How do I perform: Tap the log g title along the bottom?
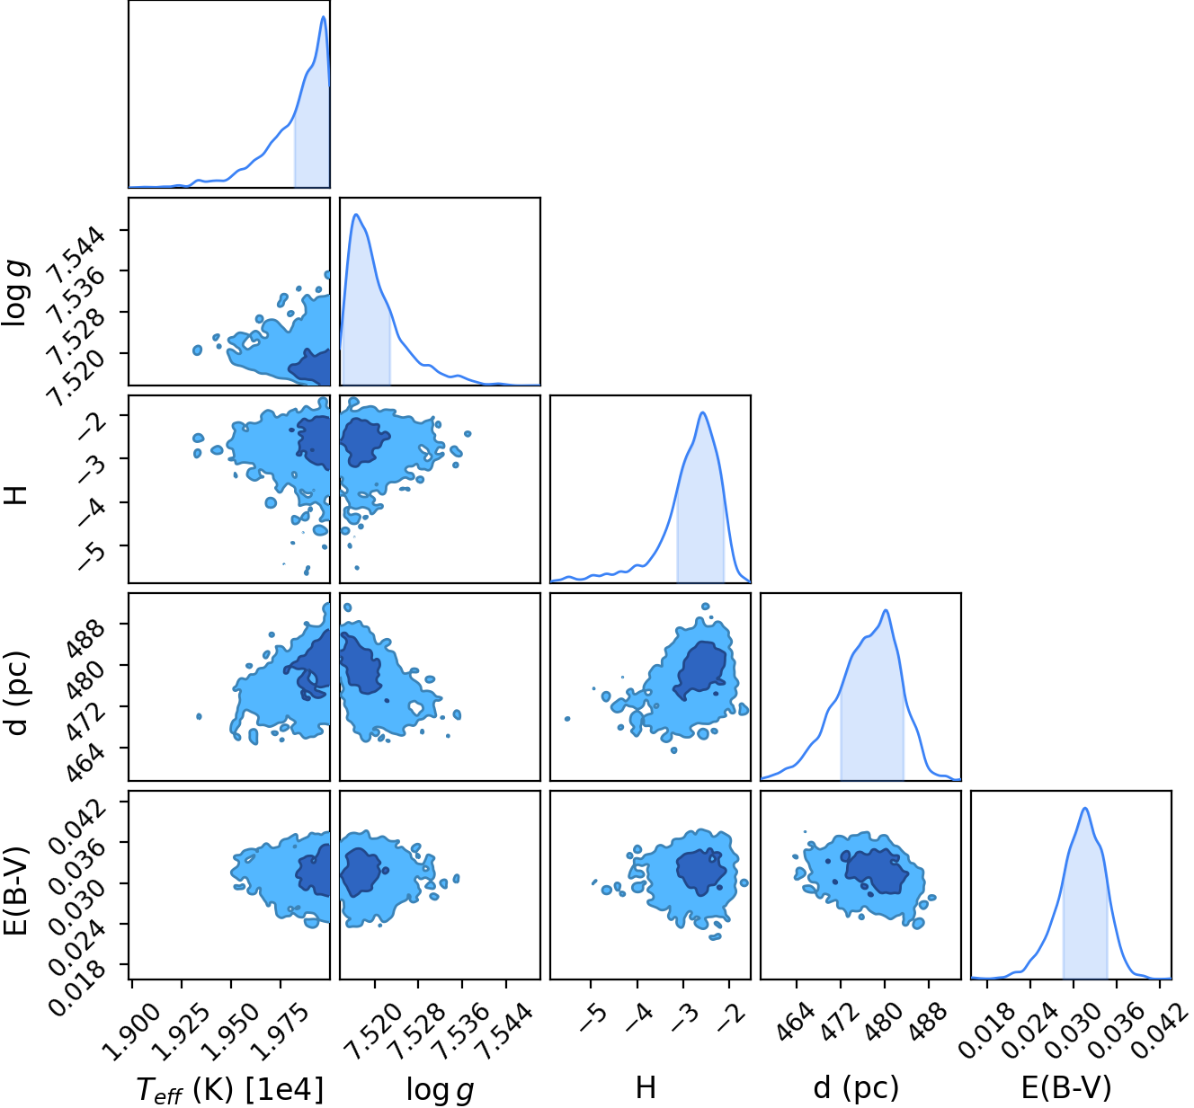(440, 1089)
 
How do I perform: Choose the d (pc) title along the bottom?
(856, 1087)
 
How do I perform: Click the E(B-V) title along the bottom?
(1066, 1087)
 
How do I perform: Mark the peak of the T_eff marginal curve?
(324, 16)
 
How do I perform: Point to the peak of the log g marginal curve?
(356, 214)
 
